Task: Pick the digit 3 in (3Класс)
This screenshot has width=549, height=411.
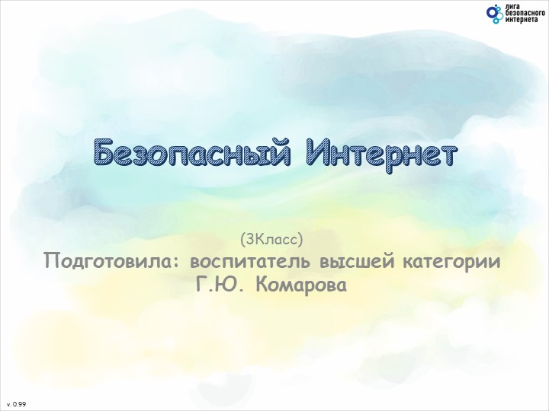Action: pyautogui.click(x=248, y=241)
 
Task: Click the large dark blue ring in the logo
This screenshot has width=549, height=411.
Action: pyautogui.click(x=491, y=11)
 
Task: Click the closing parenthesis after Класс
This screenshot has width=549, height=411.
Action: pyautogui.click(x=302, y=241)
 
